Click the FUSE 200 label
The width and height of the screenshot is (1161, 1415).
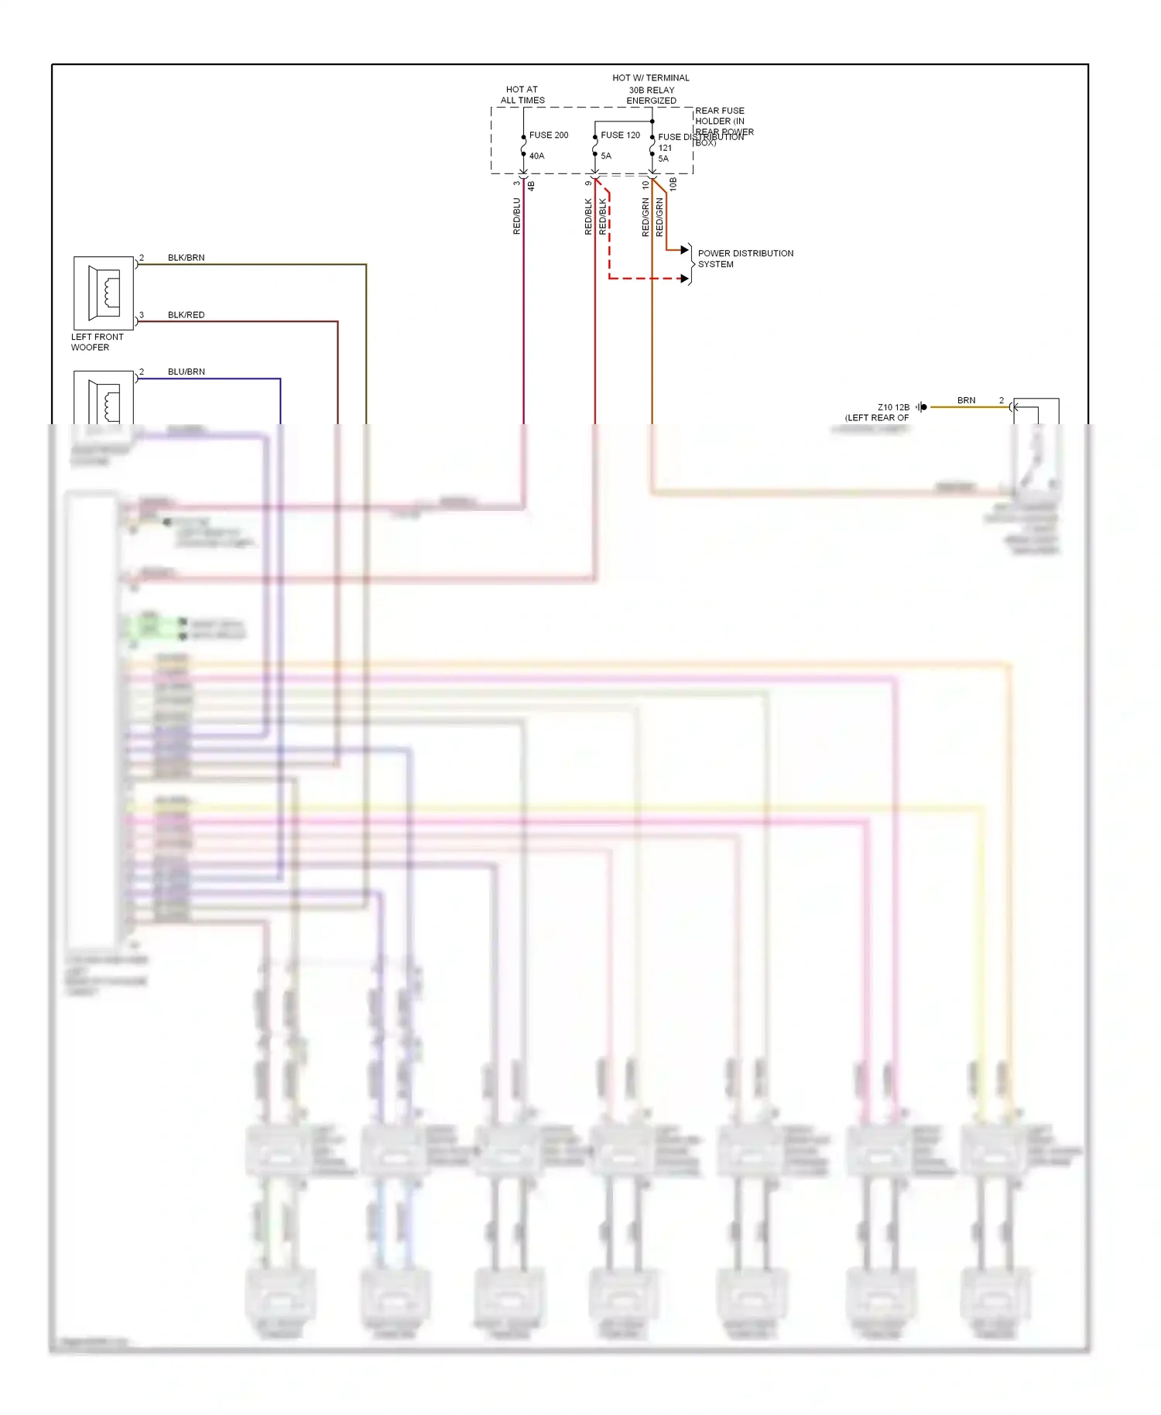(x=548, y=135)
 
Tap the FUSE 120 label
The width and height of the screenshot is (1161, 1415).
(x=620, y=135)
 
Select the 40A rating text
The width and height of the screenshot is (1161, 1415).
(x=536, y=156)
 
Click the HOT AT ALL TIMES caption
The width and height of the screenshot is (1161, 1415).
(x=522, y=95)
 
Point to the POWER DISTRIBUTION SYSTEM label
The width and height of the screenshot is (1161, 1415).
(x=745, y=259)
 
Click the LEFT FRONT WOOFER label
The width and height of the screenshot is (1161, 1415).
(x=97, y=342)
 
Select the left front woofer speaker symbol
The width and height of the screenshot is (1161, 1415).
(x=104, y=293)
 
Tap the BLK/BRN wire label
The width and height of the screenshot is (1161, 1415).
(x=186, y=258)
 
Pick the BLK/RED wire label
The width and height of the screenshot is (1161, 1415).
(x=186, y=315)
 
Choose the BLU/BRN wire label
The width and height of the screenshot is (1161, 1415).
(x=186, y=372)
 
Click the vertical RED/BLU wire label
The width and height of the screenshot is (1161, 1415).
(x=517, y=216)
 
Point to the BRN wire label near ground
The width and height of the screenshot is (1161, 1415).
(x=966, y=400)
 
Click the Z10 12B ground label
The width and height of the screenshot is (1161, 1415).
(x=893, y=407)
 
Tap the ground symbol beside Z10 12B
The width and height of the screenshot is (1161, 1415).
(x=921, y=407)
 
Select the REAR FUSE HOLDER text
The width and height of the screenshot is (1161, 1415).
(x=720, y=116)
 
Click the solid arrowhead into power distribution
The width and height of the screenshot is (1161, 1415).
(x=684, y=250)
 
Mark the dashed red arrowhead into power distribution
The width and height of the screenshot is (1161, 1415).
(x=684, y=279)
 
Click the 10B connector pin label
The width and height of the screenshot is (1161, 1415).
(x=673, y=183)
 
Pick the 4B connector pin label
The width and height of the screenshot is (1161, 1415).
(x=531, y=186)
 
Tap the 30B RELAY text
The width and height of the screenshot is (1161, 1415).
(x=651, y=90)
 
